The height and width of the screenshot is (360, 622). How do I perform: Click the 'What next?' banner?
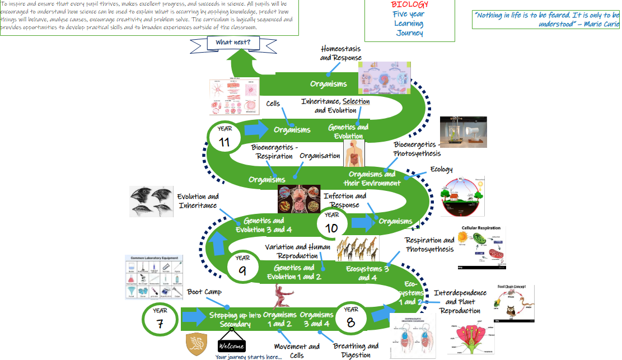click(233, 43)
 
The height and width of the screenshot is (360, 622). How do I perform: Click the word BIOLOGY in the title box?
click(410, 4)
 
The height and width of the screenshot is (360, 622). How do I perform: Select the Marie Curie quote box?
click(546, 19)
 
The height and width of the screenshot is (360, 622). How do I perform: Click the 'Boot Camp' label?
click(204, 292)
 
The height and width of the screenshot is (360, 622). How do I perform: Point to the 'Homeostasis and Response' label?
click(341, 53)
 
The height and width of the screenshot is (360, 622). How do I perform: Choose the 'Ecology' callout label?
click(441, 170)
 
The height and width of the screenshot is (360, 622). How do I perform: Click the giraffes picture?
click(357, 248)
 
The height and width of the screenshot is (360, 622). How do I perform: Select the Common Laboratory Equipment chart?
click(153, 277)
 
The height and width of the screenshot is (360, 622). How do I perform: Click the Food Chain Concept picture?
click(515, 303)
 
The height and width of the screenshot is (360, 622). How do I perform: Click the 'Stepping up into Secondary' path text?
click(235, 320)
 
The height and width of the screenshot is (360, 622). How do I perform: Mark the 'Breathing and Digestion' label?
click(356, 350)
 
